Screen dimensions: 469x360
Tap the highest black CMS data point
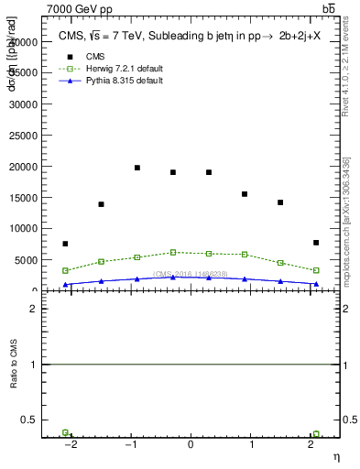(137, 168)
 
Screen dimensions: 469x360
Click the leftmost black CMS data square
(65, 244)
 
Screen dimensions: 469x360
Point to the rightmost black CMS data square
(316, 243)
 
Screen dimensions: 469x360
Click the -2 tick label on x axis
(70, 444)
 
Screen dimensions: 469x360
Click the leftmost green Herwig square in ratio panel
(65, 432)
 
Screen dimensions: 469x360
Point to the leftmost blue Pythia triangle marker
(65, 285)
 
